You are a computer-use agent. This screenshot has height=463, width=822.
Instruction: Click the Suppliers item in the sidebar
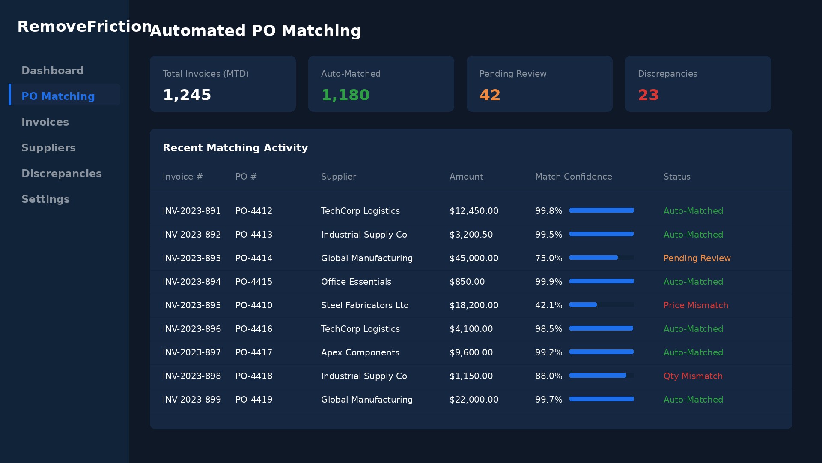pos(48,148)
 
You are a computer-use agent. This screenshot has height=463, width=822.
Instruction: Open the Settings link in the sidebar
pos(45,199)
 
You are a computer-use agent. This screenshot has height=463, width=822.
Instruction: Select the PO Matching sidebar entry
pos(58,96)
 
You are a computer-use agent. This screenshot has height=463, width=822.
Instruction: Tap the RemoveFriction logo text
pos(84,27)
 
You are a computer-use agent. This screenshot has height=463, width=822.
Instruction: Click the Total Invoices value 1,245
pos(187,95)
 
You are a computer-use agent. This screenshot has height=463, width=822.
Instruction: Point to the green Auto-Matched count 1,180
pos(345,95)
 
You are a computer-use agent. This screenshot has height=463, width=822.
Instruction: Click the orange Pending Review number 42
pos(490,95)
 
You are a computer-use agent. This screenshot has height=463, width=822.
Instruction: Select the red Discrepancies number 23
pos(648,95)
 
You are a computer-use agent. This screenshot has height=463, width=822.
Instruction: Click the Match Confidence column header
pos(573,177)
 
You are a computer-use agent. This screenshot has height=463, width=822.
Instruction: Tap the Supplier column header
pos(338,177)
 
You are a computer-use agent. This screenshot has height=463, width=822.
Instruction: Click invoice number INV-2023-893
pos(191,258)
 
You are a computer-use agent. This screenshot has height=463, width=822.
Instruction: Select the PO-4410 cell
pos(253,305)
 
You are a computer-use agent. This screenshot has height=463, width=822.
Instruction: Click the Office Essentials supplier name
pos(356,282)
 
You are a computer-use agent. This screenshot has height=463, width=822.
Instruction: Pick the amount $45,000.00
pos(474,258)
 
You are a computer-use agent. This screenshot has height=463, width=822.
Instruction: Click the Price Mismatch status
pos(695,305)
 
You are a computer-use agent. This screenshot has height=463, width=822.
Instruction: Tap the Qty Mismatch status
pos(693,376)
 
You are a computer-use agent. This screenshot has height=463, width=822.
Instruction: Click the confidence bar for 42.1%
pos(601,305)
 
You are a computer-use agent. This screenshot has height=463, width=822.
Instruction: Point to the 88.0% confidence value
pos(548,376)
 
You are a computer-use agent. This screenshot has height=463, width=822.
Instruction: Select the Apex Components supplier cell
pos(360,352)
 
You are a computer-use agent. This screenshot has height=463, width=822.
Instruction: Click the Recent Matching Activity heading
pos(235,148)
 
